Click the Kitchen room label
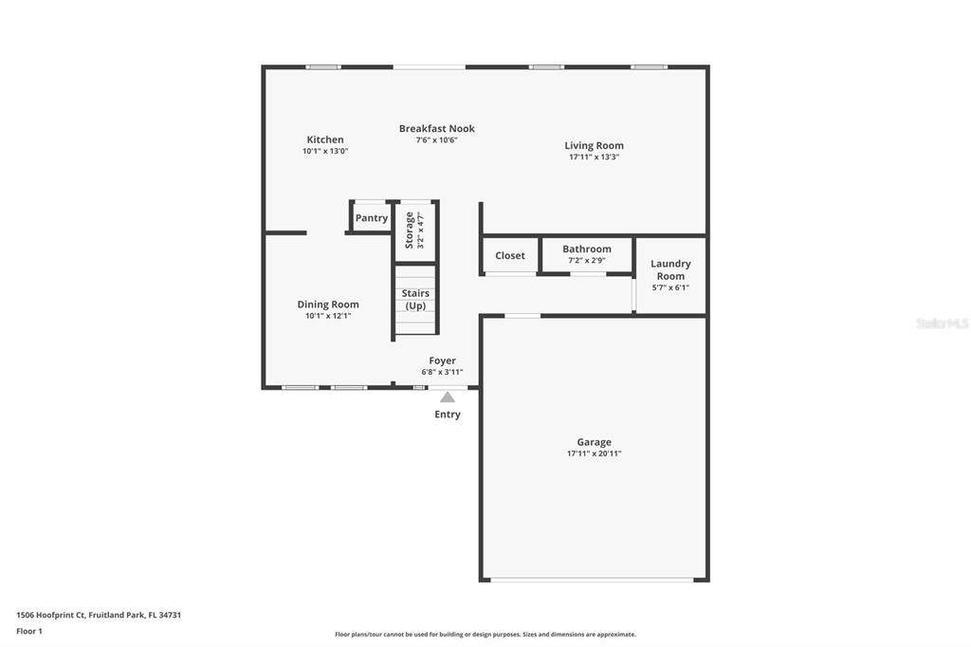[325, 139]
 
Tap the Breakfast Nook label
[436, 128]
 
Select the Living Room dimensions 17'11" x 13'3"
[594, 157]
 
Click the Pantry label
[372, 218]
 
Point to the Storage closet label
[409, 230]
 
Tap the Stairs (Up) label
[415, 300]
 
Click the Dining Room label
[328, 305]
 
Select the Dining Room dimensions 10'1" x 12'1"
[328, 316]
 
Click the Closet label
[509, 255]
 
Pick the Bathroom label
[587, 249]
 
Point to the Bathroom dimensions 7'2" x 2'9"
[587, 260]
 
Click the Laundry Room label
[670, 269]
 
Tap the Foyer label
[442, 360]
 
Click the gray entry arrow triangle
[448, 397]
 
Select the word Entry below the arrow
[448, 414]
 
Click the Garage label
[594, 442]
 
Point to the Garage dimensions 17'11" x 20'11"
[594, 453]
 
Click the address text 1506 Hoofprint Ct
[50, 615]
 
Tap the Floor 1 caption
[29, 631]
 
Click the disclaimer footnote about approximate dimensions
[485, 634]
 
